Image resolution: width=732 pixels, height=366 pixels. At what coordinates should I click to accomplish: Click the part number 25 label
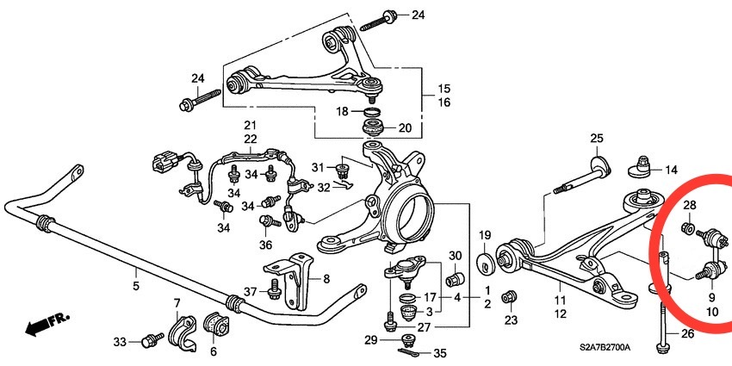[x=597, y=138]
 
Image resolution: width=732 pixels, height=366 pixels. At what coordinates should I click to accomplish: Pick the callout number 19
[x=484, y=234]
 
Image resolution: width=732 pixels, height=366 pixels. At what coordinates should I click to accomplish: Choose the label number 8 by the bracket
[x=326, y=278]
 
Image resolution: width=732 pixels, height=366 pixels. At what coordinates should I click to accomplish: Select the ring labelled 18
[x=372, y=113]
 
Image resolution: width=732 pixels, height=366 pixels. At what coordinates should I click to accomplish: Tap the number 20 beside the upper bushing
[x=405, y=128]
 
